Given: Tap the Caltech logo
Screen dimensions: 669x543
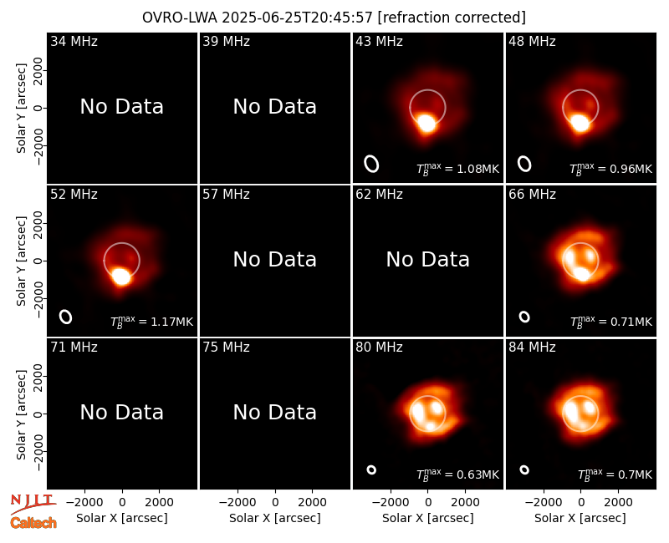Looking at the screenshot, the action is pyautogui.click(x=33, y=523).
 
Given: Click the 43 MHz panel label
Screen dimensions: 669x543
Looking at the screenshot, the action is pyautogui.click(x=379, y=41).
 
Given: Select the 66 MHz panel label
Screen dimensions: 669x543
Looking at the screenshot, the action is pyautogui.click(x=532, y=195).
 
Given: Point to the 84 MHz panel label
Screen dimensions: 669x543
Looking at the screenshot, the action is pyautogui.click(x=532, y=348).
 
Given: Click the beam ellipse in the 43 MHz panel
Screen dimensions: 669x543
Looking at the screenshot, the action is pyautogui.click(x=371, y=164).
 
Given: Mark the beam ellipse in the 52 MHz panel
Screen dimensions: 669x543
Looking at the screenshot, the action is pyautogui.click(x=66, y=317).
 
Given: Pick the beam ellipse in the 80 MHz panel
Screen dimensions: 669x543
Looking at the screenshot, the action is pyautogui.click(x=371, y=469).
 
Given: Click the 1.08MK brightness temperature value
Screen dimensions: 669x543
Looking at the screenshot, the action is pyautogui.click(x=477, y=170).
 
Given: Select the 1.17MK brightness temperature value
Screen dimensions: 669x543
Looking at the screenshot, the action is pyautogui.click(x=172, y=322).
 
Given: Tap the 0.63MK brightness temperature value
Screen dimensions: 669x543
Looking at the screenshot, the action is pyautogui.click(x=477, y=474).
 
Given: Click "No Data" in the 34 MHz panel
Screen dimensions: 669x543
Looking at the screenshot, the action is pyautogui.click(x=122, y=107).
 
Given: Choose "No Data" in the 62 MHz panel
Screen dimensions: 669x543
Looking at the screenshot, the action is pyautogui.click(x=428, y=260).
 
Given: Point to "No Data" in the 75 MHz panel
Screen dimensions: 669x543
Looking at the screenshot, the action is pyautogui.click(x=275, y=413).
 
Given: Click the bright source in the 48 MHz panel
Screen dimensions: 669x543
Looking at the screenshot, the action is pyautogui.click(x=580, y=123).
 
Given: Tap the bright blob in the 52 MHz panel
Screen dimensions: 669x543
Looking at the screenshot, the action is pyautogui.click(x=121, y=277).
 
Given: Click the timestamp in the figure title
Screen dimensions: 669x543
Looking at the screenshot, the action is pyautogui.click(x=298, y=18).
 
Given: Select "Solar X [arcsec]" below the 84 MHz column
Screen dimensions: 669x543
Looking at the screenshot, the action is pyautogui.click(x=580, y=518).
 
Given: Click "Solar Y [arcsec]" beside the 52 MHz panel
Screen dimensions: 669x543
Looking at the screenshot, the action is pyautogui.click(x=22, y=261).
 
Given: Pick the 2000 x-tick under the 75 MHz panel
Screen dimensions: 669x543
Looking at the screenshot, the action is pyautogui.click(x=312, y=503).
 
